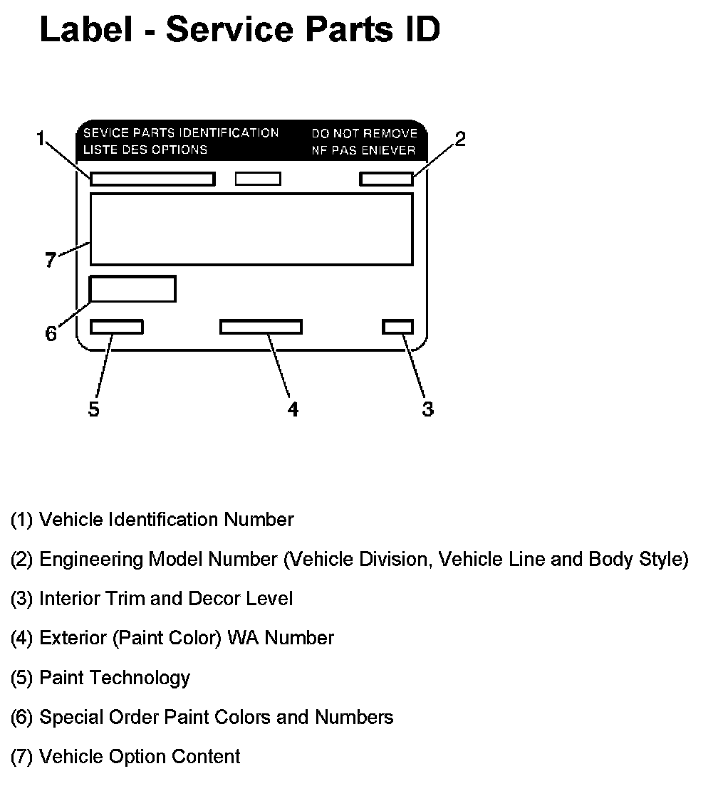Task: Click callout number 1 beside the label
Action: point(41,137)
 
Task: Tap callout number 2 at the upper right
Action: point(460,139)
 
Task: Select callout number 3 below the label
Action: point(427,409)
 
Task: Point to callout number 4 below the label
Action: point(292,409)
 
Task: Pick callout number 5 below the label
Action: point(94,409)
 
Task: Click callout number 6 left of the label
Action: point(51,333)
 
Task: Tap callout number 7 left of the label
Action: point(50,261)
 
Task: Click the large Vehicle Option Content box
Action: point(251,229)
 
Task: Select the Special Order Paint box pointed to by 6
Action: point(132,288)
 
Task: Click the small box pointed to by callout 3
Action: point(397,327)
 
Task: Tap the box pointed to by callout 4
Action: point(261,327)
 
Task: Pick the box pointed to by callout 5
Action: point(117,327)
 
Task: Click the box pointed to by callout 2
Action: point(386,179)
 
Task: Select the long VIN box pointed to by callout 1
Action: point(152,179)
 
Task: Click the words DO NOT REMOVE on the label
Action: point(364,133)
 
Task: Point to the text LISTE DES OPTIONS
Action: point(145,150)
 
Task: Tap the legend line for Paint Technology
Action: point(100,677)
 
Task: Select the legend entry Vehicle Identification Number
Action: point(152,520)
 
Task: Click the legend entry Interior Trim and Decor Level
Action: point(151,598)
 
